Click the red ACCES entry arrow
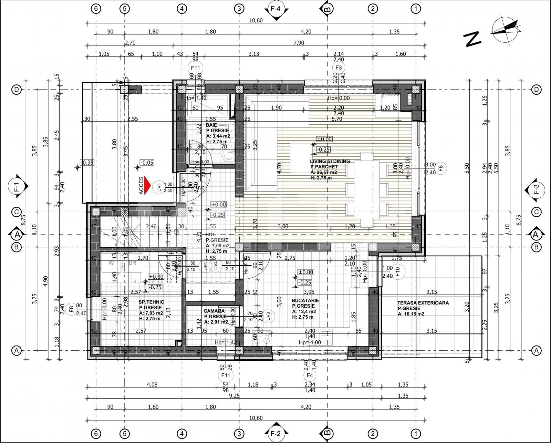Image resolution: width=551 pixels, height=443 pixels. pos(148,186)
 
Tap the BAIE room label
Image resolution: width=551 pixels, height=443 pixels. pos(211,125)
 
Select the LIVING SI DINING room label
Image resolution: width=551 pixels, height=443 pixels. pos(330,161)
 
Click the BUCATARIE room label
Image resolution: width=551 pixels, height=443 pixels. pos(305,300)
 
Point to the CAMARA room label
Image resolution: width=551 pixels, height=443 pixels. pos(214,311)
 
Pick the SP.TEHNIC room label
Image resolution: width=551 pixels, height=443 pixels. pos(152,302)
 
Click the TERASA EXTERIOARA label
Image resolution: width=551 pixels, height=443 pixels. pos(423,303)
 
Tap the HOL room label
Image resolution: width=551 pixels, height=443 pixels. pos(210,235)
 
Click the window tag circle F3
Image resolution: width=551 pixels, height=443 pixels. pos(339,68)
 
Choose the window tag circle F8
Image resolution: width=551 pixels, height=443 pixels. pos(71,309)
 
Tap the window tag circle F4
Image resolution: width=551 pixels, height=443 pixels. pos(310,375)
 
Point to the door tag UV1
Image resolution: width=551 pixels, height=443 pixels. pos(159,187)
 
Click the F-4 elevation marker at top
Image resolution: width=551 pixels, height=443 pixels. pos(275,10)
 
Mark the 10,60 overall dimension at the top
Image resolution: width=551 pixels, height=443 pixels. pos(256,20)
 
